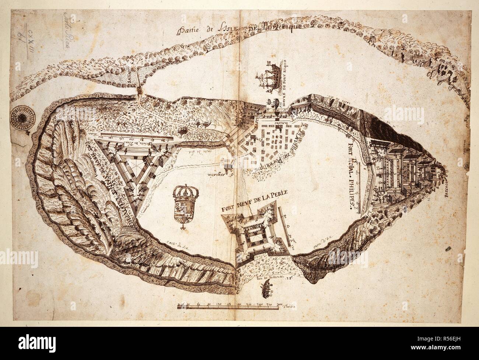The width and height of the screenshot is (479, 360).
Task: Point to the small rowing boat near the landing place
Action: coord(266,291)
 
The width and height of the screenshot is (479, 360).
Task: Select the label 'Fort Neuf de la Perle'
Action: coord(254,201)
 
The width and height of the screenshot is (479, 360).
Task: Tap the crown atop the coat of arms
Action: coord(183,192)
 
